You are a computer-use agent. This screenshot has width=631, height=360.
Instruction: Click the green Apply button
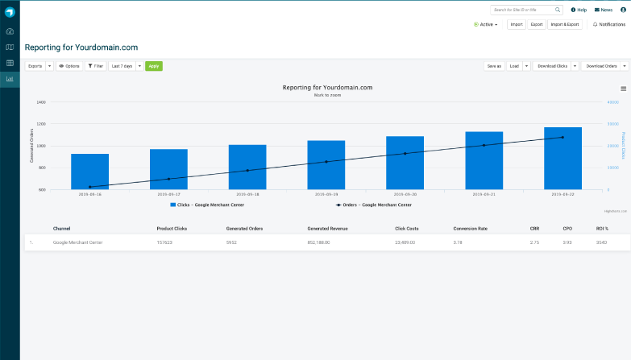[x=153, y=66]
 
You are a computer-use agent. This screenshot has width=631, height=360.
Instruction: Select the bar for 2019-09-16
[x=89, y=172]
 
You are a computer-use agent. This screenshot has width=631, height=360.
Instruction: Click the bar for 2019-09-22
[x=563, y=159]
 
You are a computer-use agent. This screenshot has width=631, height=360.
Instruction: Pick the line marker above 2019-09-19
[x=326, y=162]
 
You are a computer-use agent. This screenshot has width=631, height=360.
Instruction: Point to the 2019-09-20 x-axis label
[x=405, y=194]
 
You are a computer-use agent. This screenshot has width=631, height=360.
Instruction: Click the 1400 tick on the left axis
[x=40, y=103]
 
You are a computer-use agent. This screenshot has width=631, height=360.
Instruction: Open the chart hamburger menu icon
[x=623, y=89]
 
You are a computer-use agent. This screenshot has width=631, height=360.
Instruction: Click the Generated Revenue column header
[x=326, y=228]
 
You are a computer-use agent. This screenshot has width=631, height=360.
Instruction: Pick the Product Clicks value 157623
[x=165, y=242]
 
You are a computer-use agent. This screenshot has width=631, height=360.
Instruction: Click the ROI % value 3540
[x=601, y=242]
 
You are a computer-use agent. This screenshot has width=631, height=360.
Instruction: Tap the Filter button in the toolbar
[x=95, y=66]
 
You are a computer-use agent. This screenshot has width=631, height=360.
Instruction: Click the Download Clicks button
[x=552, y=66]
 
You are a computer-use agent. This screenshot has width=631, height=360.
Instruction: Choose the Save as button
[x=493, y=66]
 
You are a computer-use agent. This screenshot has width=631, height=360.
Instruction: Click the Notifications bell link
[x=608, y=24]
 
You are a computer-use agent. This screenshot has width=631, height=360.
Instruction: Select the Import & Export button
[x=565, y=24]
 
